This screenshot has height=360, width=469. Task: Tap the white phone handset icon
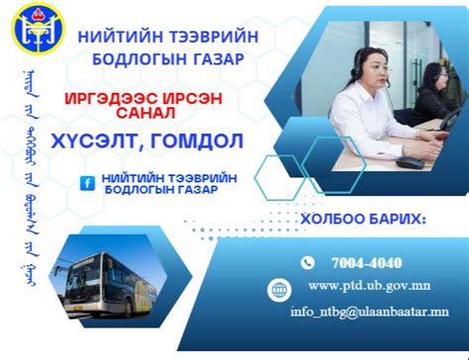(x=307, y=263)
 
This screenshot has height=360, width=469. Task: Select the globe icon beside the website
(x=280, y=290)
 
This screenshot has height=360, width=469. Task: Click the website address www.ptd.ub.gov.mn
(x=369, y=287)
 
